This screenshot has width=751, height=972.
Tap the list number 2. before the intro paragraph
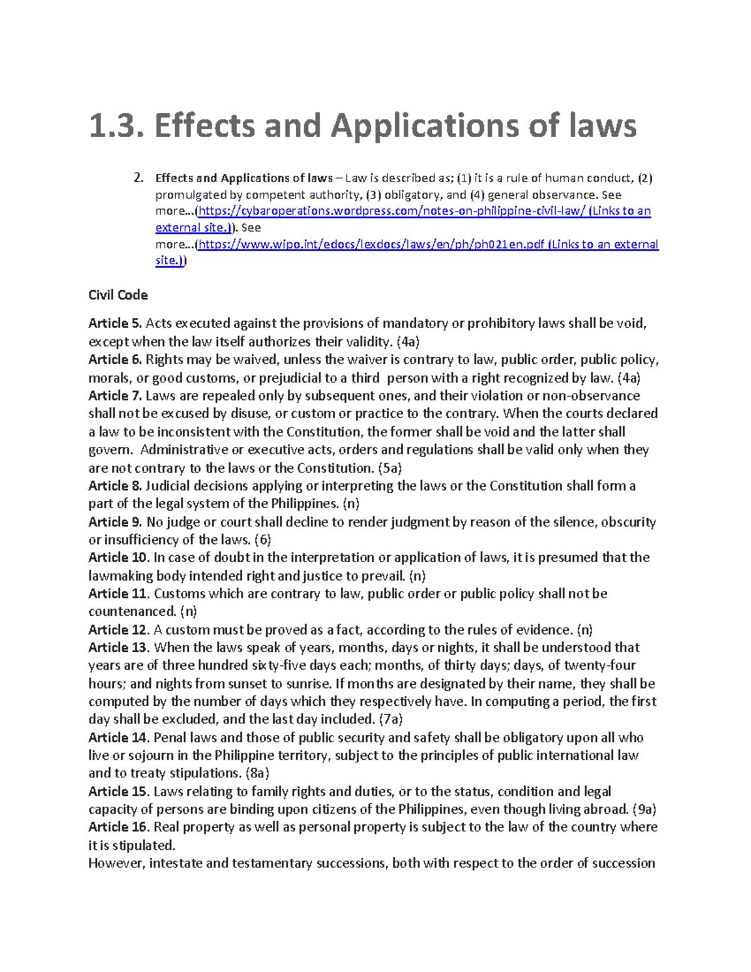(139, 178)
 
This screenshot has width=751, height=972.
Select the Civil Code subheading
(118, 295)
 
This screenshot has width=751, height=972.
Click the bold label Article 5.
(115, 323)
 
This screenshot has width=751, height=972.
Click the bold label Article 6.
(115, 359)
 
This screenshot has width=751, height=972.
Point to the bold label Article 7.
(115, 396)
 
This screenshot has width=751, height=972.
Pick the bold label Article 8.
(115, 486)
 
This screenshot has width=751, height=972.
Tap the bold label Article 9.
(115, 522)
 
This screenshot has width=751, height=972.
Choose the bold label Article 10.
(119, 557)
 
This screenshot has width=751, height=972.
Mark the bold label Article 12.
(119, 630)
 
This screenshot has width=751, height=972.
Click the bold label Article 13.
(119, 647)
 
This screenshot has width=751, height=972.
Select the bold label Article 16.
(119, 827)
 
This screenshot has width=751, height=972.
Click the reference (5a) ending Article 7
(390, 468)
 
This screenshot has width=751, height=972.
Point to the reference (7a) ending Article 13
(391, 719)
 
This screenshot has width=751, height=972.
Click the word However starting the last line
(116, 863)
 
